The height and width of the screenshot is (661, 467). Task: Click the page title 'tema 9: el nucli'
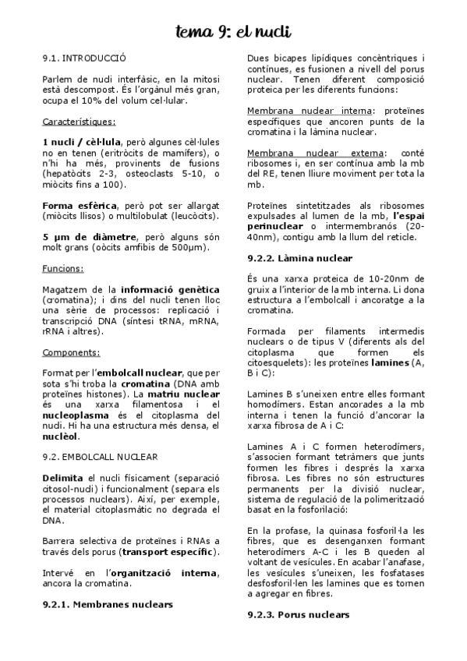[x=233, y=32]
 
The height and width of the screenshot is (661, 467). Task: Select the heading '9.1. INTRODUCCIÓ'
[x=84, y=58]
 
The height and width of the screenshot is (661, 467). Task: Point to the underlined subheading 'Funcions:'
[x=63, y=268]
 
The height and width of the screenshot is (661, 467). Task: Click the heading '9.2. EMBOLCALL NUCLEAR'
[x=101, y=457]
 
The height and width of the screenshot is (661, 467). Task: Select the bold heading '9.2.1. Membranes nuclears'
[x=107, y=604]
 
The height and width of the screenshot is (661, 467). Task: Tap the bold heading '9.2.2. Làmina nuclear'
[x=300, y=258]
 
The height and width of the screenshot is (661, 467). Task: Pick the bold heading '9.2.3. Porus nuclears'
[x=299, y=615]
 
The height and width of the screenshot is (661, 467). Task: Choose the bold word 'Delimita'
[x=64, y=477]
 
